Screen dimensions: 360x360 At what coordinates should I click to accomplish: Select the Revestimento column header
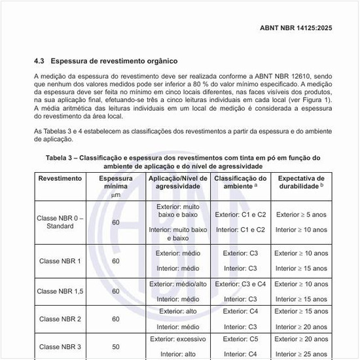coord(60,178)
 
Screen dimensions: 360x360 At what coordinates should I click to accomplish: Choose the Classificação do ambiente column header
coord(240,182)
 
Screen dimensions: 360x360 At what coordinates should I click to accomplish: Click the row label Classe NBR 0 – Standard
coord(60,222)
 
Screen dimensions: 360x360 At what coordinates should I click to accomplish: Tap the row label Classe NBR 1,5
coord(60,291)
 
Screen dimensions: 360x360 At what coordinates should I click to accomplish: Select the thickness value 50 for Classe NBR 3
coord(116,346)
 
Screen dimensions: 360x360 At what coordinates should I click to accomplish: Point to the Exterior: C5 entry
coord(240,339)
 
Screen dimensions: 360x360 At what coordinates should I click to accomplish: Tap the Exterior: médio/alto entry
coord(178,284)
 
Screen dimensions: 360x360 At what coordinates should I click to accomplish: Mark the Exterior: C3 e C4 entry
coord(240,284)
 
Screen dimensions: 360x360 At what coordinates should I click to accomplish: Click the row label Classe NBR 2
coord(60,319)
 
